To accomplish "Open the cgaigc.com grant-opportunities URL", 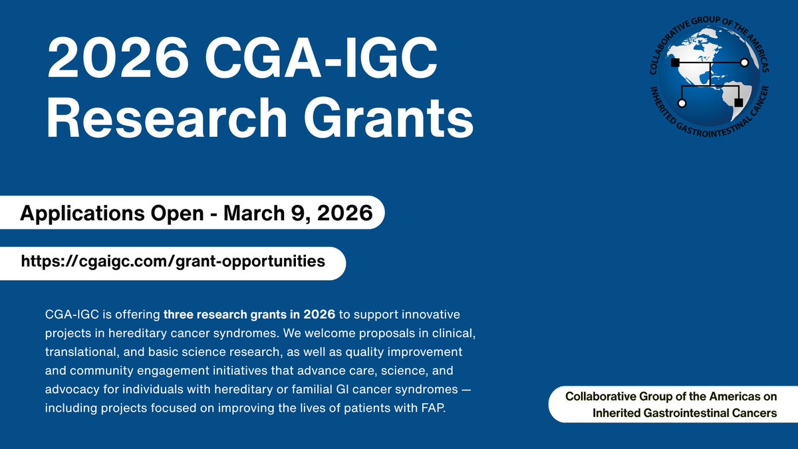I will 173,261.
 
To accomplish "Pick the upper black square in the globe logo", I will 675,63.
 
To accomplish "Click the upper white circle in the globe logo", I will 744,63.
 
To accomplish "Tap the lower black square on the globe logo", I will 737,102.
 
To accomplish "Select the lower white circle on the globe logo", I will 682,104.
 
